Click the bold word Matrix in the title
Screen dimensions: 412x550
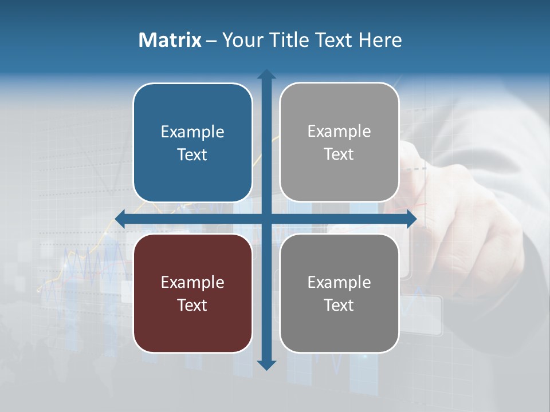170,40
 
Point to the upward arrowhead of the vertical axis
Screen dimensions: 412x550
266,74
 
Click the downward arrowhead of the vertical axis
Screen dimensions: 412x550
266,365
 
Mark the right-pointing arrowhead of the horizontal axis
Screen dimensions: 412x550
411,219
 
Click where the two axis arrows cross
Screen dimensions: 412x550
266,219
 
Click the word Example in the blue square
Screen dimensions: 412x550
192,132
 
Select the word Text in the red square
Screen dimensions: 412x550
192,305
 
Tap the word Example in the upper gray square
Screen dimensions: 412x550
339,132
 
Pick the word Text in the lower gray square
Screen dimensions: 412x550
339,305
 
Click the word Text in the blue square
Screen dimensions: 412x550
192,154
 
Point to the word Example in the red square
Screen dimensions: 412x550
192,282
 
